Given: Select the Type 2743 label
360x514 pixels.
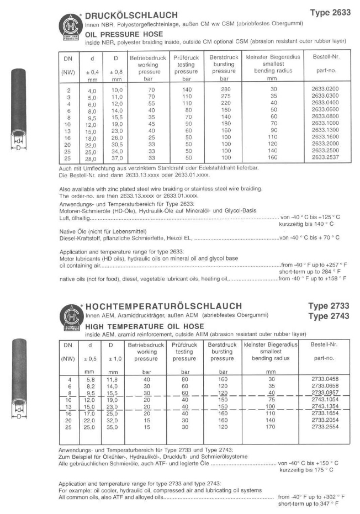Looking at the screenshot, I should pyautogui.click(x=329, y=316).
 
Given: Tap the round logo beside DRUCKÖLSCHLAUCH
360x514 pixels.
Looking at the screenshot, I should pyautogui.click(x=69, y=24).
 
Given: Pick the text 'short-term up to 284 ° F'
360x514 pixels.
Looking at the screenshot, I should pyautogui.click(x=310, y=272).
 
